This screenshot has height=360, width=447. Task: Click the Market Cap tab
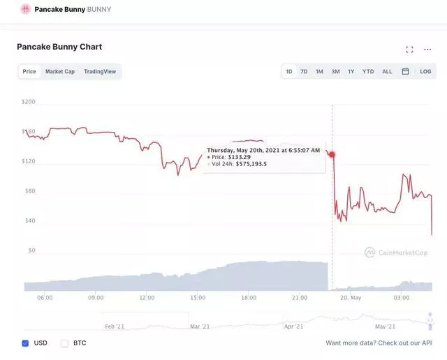pyautogui.click(x=60, y=71)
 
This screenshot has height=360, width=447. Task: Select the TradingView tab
pyautogui.click(x=100, y=71)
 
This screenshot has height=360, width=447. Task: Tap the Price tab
pyautogui.click(x=29, y=71)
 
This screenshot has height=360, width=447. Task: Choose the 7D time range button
pyautogui.click(x=304, y=71)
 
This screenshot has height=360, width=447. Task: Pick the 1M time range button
pyautogui.click(x=319, y=71)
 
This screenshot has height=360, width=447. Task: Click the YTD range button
pyautogui.click(x=368, y=71)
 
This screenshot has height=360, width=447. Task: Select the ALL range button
pyautogui.click(x=387, y=71)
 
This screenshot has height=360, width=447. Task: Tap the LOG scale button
pyautogui.click(x=425, y=71)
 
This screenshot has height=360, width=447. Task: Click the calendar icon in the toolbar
pyautogui.click(x=405, y=71)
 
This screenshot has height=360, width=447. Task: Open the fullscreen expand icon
pyautogui.click(x=409, y=50)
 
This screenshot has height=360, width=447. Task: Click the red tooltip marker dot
pyautogui.click(x=332, y=155)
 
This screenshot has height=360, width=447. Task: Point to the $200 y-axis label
pyautogui.click(x=29, y=102)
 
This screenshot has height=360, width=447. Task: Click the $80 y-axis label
pyautogui.click(x=29, y=190)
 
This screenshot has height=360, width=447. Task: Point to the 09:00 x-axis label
pyautogui.click(x=96, y=298)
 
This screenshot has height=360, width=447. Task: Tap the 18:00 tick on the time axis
pyautogui.click(x=249, y=298)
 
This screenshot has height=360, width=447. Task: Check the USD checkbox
pyautogui.click(x=25, y=343)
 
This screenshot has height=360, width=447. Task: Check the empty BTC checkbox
pyautogui.click(x=64, y=343)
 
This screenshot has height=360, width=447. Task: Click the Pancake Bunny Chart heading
pyautogui.click(x=59, y=47)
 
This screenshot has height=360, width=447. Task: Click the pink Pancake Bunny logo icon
pyautogui.click(x=25, y=9)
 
